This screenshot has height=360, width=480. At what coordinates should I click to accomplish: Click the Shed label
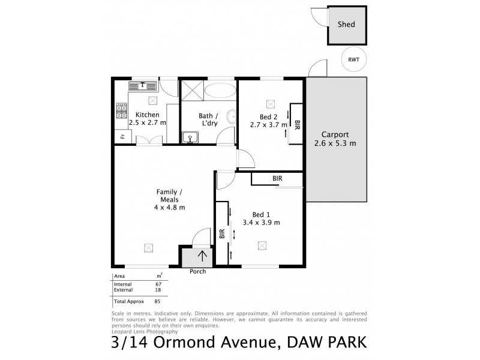346,25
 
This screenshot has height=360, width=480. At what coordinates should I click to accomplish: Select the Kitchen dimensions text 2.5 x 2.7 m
147,122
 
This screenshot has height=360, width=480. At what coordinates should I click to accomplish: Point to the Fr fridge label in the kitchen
122,137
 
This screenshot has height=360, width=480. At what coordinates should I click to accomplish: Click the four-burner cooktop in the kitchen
122,110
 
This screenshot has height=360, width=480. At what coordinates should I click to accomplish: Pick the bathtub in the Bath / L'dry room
220,91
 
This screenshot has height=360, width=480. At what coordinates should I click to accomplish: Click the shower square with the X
192,91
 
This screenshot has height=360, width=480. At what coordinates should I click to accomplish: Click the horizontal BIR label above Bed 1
277,179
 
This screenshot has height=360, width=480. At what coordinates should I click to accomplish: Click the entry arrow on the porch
203,257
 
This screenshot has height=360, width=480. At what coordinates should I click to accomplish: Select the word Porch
197,272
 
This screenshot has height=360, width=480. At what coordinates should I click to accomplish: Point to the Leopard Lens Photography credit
145,331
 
